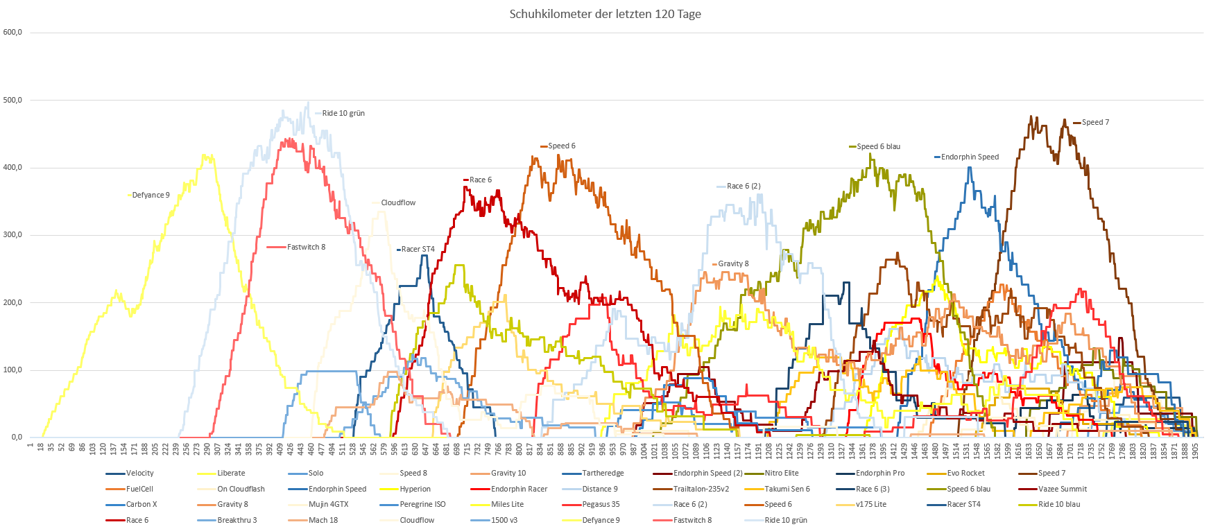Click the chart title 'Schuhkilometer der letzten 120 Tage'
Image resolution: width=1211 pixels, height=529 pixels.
click(x=605, y=14)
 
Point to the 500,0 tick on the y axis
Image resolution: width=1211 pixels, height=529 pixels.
click(x=12, y=100)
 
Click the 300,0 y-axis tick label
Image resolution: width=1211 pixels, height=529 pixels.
click(x=12, y=235)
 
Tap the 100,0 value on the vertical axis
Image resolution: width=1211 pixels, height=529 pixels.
click(x=12, y=370)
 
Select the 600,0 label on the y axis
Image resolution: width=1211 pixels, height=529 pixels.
click(x=12, y=32)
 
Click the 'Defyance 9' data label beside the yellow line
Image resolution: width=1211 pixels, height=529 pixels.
click(x=151, y=196)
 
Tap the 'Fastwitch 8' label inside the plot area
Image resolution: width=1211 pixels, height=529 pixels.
click(x=306, y=248)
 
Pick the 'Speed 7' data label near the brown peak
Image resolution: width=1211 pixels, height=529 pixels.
click(x=1095, y=123)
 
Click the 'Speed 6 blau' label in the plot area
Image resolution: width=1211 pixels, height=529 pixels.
click(x=878, y=147)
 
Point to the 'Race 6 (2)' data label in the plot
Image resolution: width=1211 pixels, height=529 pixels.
click(x=744, y=187)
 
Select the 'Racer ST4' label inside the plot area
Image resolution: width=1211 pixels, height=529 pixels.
click(x=418, y=250)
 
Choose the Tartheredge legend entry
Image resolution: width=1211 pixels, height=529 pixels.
click(x=603, y=474)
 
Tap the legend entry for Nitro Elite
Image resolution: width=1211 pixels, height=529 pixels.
click(x=781, y=474)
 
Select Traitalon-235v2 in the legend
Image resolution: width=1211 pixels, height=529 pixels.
click(x=701, y=489)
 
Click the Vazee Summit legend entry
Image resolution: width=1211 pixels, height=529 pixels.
click(x=1062, y=489)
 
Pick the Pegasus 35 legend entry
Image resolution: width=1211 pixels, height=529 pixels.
click(x=601, y=505)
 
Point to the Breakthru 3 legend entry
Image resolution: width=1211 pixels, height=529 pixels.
click(x=237, y=521)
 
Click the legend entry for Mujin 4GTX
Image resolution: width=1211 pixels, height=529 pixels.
click(x=328, y=505)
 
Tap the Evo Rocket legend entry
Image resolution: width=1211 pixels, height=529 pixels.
click(x=965, y=474)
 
